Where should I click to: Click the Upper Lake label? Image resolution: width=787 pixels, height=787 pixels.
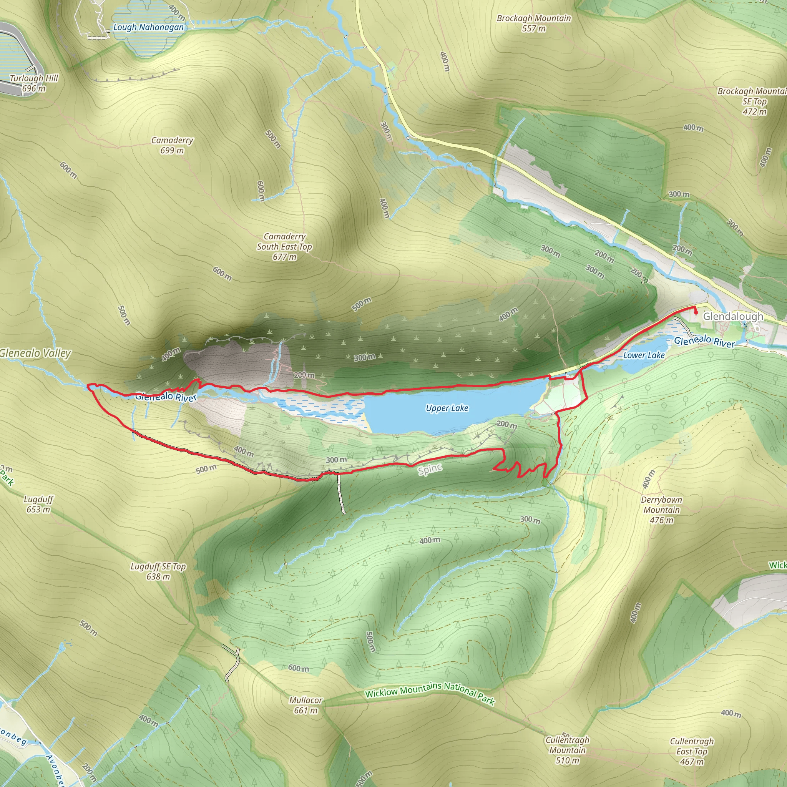[447, 408]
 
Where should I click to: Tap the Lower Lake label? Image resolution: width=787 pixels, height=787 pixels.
[644, 355]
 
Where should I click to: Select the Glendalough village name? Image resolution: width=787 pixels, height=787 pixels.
[733, 317]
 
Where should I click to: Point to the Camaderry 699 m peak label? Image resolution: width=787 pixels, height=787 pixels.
[172, 145]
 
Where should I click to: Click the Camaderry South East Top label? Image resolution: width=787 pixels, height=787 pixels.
[284, 246]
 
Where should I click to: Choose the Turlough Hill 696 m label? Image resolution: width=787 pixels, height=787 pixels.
[34, 83]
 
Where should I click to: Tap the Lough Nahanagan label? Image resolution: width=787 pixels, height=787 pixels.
[148, 27]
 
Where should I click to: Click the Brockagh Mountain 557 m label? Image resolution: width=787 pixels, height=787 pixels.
[534, 23]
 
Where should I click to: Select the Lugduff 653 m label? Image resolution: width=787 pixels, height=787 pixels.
[38, 504]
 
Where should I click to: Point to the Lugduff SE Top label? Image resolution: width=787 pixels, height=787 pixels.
[158, 571]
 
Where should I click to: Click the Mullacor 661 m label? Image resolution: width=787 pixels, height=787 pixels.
[306, 705]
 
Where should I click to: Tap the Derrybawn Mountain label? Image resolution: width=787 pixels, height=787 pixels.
[662, 510]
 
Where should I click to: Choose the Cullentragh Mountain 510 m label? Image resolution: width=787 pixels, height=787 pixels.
[568, 750]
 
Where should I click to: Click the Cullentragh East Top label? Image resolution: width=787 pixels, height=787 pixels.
[692, 752]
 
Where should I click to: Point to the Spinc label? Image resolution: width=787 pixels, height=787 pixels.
[430, 470]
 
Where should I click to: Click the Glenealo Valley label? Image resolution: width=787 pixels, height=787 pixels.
[35, 353]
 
